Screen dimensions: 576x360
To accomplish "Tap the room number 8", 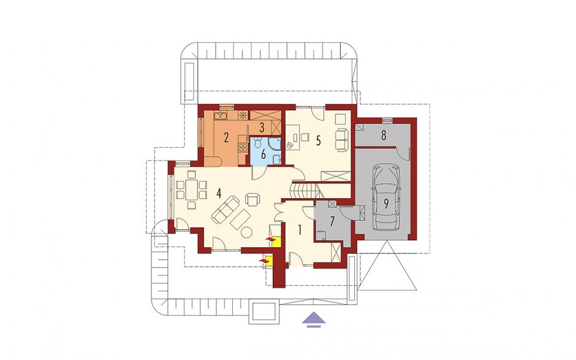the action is pyautogui.click(x=384, y=136).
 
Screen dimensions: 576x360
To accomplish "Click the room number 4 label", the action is pyautogui.click(x=219, y=193).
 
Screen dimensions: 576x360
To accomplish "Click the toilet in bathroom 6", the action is pyautogui.click(x=258, y=142).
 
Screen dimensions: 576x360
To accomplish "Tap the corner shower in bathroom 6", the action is pyautogui.click(x=275, y=144).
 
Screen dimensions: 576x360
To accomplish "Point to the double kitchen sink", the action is pyautogui.click(x=221, y=116).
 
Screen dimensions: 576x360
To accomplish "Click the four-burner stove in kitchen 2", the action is pyautogui.click(x=243, y=147).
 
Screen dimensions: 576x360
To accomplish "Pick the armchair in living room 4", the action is pyautogui.click(x=252, y=199).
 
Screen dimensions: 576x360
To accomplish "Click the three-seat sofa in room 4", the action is pyautogui.click(x=225, y=210).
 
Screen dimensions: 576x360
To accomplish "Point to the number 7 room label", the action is pyautogui.click(x=332, y=222).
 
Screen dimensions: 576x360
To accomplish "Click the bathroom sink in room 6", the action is pyautogui.click(x=277, y=159).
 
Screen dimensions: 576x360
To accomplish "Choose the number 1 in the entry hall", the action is pyautogui.click(x=300, y=230).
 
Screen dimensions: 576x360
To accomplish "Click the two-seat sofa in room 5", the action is pyautogui.click(x=341, y=140).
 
